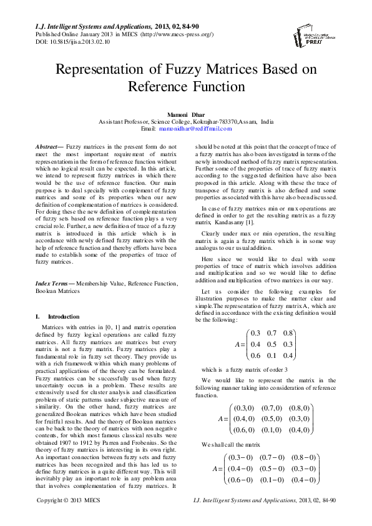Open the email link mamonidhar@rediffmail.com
coord(187,129)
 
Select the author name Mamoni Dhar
coord(185,115)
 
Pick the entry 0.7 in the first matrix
coord(272,332)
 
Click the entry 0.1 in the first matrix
coord(272,355)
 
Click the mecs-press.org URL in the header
coord(191,34)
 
